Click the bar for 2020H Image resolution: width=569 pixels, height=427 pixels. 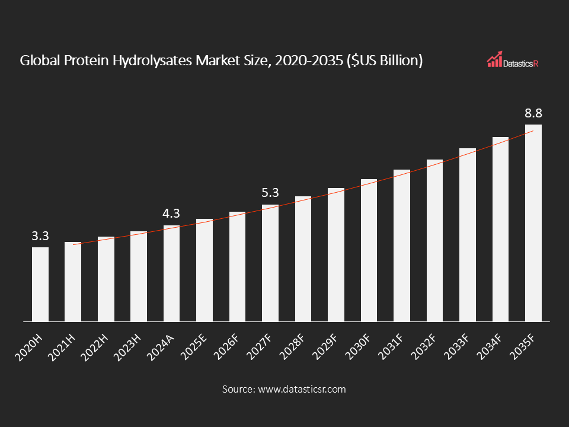tap(40, 285)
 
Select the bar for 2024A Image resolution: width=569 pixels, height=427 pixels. tap(172, 273)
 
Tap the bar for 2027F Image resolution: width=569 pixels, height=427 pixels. tap(270, 263)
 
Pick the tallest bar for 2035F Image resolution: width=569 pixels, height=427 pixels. tap(533, 223)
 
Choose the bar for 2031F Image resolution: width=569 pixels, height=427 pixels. tap(402, 246)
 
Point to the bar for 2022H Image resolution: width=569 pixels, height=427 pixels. tap(106, 279)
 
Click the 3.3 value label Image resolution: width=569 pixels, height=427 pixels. tap(40, 236)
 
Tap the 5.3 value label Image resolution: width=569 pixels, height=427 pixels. tap(270, 193)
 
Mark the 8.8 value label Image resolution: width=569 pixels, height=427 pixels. tap(533, 113)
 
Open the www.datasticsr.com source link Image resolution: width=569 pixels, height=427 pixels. tap(301, 390)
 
